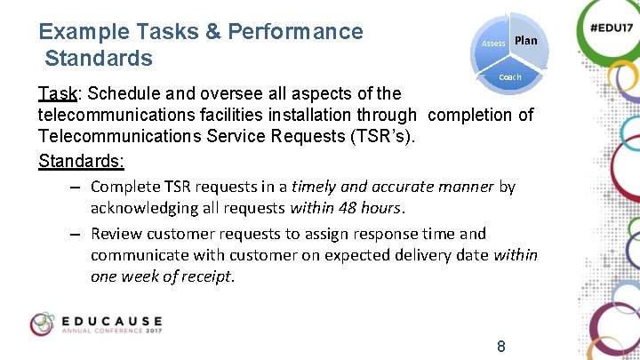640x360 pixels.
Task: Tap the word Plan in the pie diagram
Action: pos(525,41)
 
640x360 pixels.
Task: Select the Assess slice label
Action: pos(493,44)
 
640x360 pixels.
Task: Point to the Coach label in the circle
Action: pos(510,77)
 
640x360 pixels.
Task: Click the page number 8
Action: pos(501,347)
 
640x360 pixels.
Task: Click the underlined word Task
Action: pos(57,93)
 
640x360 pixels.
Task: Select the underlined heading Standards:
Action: pos(82,162)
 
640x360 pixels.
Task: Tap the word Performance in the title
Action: pos(296,32)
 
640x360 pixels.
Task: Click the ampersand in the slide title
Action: pos(212,32)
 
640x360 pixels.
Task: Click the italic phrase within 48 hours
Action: pos(347,209)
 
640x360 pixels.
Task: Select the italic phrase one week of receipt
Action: pos(163,276)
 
